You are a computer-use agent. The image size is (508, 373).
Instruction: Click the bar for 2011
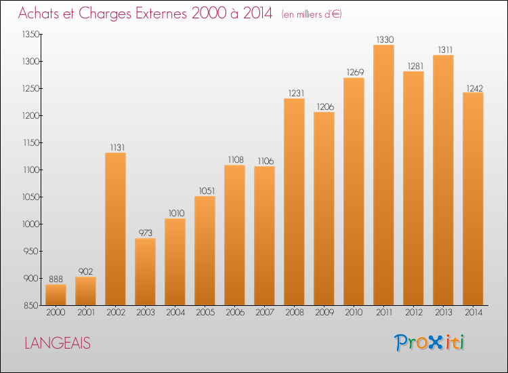[x=383, y=175]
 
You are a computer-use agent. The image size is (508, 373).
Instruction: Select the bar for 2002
[x=115, y=229]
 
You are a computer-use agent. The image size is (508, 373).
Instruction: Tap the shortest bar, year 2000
[x=56, y=295]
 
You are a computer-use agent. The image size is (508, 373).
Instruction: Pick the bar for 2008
[x=294, y=201]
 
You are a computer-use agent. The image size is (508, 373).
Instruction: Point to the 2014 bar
[x=473, y=199]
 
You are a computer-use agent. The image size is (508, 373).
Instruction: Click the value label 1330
[x=385, y=39]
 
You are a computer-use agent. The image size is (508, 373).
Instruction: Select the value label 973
[x=146, y=233]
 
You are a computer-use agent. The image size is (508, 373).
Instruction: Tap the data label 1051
[x=207, y=191]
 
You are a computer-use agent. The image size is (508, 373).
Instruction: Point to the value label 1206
[x=325, y=106]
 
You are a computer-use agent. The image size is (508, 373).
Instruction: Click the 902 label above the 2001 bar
[x=86, y=271]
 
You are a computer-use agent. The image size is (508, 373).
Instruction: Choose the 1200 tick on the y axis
[x=30, y=116]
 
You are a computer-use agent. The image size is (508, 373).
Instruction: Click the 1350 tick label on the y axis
[x=30, y=35]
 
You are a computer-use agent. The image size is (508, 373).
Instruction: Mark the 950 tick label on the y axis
[x=32, y=252]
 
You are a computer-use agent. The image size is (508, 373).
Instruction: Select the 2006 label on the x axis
[x=235, y=313]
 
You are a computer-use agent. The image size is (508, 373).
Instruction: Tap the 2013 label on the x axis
[x=444, y=313]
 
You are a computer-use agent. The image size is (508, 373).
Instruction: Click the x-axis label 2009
[x=324, y=313]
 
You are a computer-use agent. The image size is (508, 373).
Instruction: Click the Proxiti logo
[x=429, y=342]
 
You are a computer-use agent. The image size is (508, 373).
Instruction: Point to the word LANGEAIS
[x=58, y=343]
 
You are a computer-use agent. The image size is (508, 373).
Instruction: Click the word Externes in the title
[x=161, y=13]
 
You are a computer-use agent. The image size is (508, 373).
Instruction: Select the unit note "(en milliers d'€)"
[x=312, y=14]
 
